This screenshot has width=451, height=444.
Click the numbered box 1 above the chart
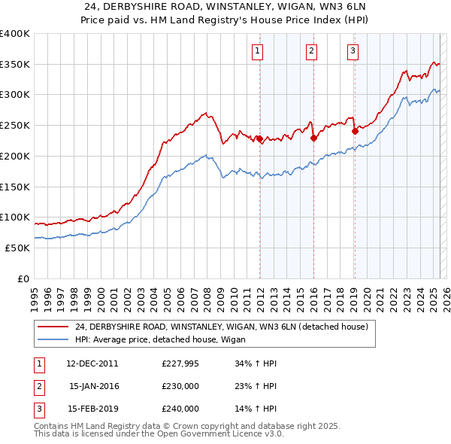pyautogui.click(x=258, y=51)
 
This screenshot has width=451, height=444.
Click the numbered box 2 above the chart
pyautogui.click(x=311, y=51)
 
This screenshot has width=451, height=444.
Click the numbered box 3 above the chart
pyautogui.click(x=353, y=51)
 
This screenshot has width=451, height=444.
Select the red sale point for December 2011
pyautogui.click(x=259, y=138)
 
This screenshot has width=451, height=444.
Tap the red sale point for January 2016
pyautogui.click(x=313, y=138)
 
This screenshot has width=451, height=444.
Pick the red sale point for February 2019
pyautogui.click(x=355, y=131)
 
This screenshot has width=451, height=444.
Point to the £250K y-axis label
pyautogui.click(x=15, y=125)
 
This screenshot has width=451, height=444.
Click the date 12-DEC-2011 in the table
pyautogui.click(x=92, y=363)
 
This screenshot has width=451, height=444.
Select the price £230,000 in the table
pyautogui.click(x=180, y=386)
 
